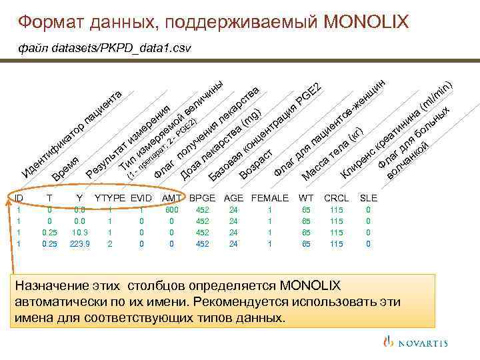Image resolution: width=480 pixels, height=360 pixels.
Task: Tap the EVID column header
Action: [x=141, y=198]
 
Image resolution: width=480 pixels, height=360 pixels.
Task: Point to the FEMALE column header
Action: [x=270, y=198]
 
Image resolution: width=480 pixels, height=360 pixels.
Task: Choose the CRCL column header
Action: [x=335, y=198]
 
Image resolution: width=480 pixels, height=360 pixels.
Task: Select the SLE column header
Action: [x=368, y=198]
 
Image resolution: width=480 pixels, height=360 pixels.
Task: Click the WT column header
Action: [x=306, y=198]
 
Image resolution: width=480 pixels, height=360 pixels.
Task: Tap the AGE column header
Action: [x=233, y=198]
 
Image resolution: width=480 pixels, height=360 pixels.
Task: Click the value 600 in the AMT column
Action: [x=172, y=210]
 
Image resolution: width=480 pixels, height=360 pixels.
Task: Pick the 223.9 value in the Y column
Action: [x=79, y=244]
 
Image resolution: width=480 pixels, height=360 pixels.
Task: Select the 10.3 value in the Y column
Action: [x=79, y=233]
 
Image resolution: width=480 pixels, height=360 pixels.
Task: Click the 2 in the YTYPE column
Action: [x=110, y=244]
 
